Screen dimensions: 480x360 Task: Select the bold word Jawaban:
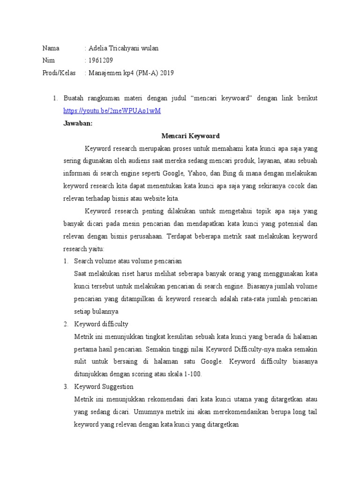[x=78, y=124]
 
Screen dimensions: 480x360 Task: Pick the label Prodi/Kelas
[x=59, y=73]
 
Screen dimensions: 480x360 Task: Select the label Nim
[x=49, y=60]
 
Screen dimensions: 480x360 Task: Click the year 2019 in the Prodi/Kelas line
[x=166, y=73]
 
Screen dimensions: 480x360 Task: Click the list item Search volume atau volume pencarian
[x=128, y=261]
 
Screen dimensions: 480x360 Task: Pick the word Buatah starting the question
[x=75, y=98]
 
